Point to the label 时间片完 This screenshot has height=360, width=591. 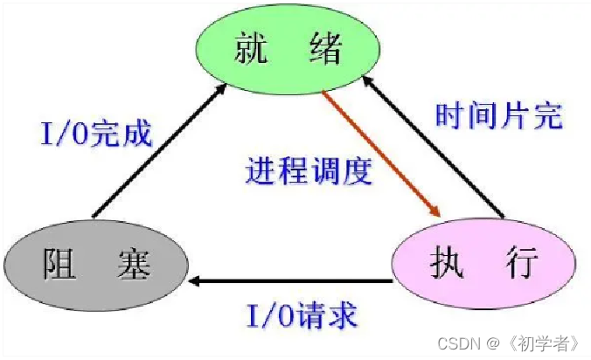tap(498, 116)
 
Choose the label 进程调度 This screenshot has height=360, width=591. tap(308, 170)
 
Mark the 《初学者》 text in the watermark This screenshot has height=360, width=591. tap(547, 343)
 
